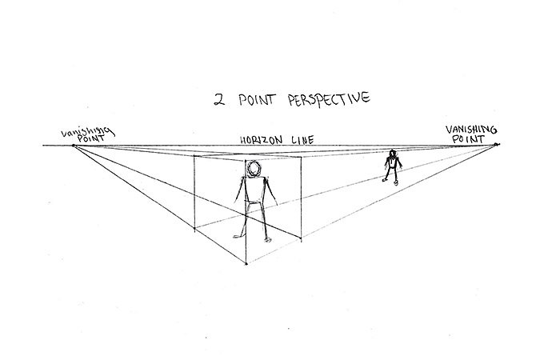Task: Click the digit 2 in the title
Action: tap(219, 100)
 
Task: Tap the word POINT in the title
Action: tap(256, 99)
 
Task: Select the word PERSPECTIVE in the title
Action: tap(329, 99)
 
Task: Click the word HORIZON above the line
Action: tap(262, 140)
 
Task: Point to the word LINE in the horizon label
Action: tap(302, 140)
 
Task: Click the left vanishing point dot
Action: tap(74, 146)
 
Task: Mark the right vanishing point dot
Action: tap(496, 144)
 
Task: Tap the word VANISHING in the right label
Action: tap(471, 130)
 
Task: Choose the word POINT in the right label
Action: tap(468, 139)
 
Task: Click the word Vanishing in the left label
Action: tap(87, 132)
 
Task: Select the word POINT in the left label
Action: tap(91, 138)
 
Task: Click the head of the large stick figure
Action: tap(254, 169)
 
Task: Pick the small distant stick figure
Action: tap(392, 167)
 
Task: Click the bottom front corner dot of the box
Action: tap(246, 263)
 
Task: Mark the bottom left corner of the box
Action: tap(194, 229)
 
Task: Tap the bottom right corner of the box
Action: tap(301, 240)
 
